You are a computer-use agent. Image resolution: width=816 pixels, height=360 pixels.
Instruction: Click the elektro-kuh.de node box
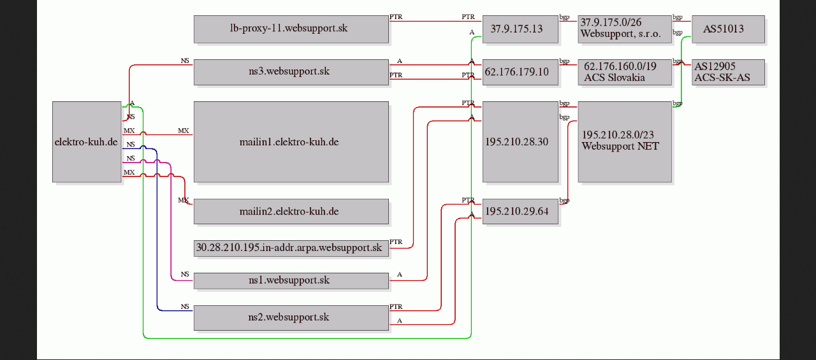[x=87, y=141]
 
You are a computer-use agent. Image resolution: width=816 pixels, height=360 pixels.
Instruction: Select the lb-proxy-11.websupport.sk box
[x=291, y=29]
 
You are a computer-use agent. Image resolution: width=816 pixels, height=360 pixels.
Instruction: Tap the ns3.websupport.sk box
[x=291, y=72]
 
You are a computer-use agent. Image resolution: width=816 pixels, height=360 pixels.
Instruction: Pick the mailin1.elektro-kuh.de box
[x=291, y=141]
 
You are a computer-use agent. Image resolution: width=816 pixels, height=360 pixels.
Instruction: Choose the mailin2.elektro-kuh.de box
[x=291, y=211]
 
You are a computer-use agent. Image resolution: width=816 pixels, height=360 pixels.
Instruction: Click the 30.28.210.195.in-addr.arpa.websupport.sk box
[x=291, y=248]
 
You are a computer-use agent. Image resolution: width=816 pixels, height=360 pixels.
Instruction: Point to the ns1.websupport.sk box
[x=291, y=280]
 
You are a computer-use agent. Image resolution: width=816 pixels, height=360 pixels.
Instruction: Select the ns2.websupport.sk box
[x=291, y=317]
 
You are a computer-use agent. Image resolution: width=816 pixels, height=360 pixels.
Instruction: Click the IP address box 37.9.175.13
[x=520, y=29]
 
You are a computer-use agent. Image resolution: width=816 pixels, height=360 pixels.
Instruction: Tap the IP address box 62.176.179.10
[x=520, y=72]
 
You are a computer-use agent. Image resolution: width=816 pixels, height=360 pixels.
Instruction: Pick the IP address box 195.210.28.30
[x=520, y=141]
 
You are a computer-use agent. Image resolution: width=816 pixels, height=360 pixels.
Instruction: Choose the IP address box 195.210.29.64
[x=520, y=211]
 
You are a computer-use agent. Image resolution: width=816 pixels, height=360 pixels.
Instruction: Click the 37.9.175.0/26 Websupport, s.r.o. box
[x=625, y=29]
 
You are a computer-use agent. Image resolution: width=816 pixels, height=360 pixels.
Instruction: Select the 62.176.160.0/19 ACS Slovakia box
[x=625, y=72]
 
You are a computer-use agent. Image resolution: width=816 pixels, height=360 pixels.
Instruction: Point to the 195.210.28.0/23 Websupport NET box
[x=625, y=141]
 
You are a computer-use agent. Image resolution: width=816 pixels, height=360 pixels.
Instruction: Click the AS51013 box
[x=727, y=29]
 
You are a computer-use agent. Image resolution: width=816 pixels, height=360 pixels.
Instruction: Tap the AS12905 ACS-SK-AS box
[x=727, y=72]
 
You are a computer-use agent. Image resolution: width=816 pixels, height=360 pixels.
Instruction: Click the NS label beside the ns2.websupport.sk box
[x=185, y=306]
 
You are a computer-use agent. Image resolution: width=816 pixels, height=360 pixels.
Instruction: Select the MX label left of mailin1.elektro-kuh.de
[x=183, y=131]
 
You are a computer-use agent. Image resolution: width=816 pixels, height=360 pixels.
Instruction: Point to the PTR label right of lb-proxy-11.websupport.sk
[x=396, y=17]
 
